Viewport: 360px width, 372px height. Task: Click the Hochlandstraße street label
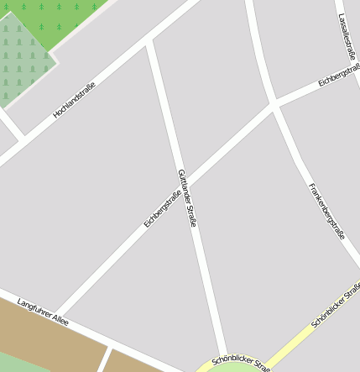click(75, 98)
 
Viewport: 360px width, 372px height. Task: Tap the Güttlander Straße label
click(187, 198)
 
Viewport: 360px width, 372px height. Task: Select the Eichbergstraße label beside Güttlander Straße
click(163, 209)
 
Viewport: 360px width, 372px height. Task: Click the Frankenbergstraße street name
click(326, 211)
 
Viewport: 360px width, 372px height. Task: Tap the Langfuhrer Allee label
click(42, 312)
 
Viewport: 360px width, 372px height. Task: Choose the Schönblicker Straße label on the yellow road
click(335, 305)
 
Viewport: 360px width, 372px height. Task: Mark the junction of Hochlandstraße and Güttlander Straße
click(149, 41)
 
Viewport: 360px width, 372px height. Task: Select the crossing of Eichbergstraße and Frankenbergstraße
click(274, 107)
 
